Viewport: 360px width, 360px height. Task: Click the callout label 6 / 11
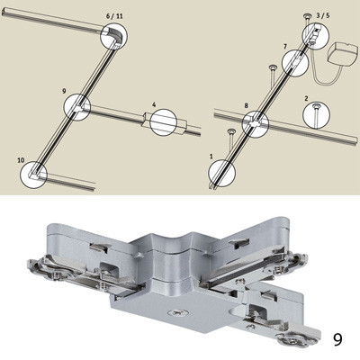tap(114, 16)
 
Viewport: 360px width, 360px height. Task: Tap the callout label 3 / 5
tap(323, 16)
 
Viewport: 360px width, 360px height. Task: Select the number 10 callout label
tap(21, 160)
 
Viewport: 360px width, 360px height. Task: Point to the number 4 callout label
tap(154, 104)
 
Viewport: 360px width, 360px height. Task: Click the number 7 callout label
tap(285, 47)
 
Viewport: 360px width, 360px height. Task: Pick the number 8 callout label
tap(246, 105)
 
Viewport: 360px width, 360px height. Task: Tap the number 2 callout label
tap(306, 98)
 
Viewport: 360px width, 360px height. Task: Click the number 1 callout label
tap(211, 157)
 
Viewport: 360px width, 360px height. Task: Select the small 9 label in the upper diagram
tap(64, 91)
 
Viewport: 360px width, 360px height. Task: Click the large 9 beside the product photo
tap(337, 339)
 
